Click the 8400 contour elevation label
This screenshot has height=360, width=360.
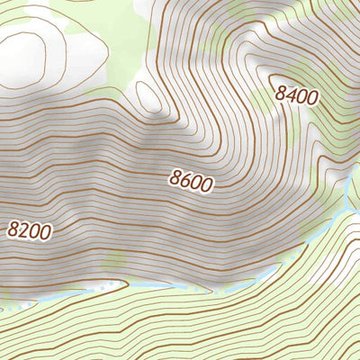click(x=297, y=94)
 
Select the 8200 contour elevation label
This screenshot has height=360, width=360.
click(x=29, y=229)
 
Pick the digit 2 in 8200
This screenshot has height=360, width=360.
click(x=23, y=229)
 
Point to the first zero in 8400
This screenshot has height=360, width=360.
click(x=301, y=96)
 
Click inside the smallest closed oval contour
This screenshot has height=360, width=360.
click(x=154, y=96)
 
